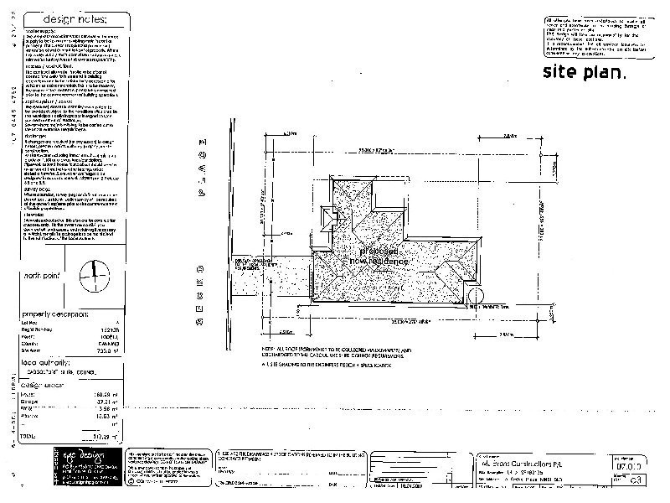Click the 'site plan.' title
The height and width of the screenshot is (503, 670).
(584, 71)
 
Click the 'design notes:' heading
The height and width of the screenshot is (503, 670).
(75, 18)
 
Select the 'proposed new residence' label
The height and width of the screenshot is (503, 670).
(385, 256)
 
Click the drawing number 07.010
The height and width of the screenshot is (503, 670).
(629, 463)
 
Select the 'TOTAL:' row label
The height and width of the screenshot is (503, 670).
(30, 435)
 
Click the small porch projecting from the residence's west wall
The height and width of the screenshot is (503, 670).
(332, 217)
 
